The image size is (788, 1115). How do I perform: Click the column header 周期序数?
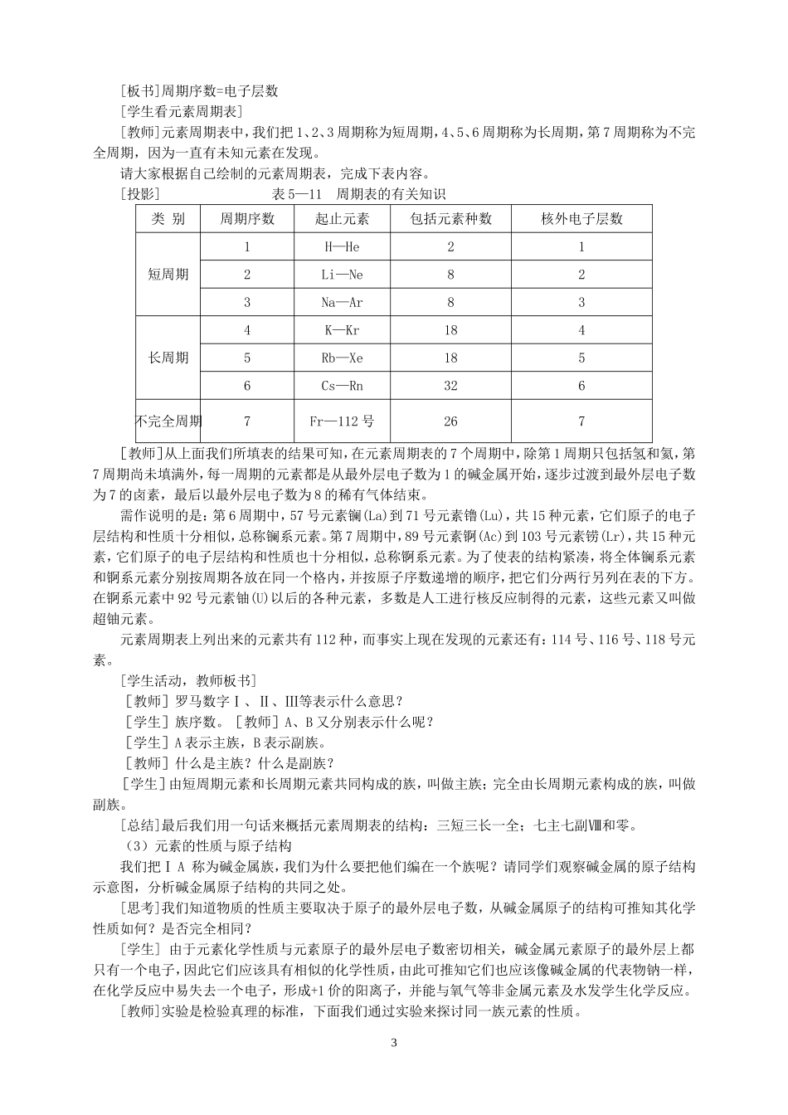pyautogui.click(x=247, y=219)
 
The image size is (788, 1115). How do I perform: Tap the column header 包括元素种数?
pyautogui.click(x=450, y=219)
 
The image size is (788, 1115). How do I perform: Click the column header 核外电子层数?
pyautogui.click(x=581, y=219)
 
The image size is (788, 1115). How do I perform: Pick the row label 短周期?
pyautogui.click(x=168, y=275)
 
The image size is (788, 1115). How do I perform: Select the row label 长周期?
pyautogui.click(x=168, y=358)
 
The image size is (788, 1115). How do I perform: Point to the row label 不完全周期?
pyautogui.click(x=168, y=421)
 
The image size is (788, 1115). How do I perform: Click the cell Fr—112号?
pyautogui.click(x=342, y=421)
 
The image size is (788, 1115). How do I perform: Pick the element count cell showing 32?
pyautogui.click(x=450, y=386)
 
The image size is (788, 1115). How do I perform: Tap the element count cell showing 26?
pyautogui.click(x=450, y=421)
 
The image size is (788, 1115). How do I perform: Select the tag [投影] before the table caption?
pyautogui.click(x=139, y=194)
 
